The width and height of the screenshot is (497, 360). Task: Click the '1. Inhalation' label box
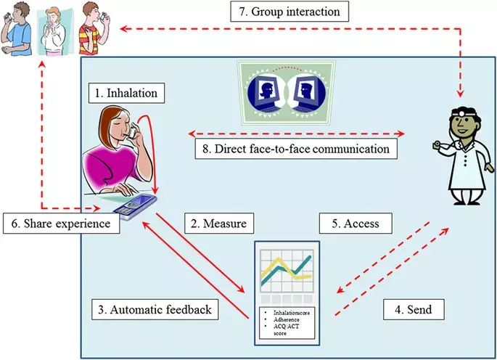point(131,94)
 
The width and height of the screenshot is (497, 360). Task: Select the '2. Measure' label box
point(216,224)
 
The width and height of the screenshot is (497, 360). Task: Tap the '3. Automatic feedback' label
point(155,309)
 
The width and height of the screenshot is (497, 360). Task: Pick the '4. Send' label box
point(414,309)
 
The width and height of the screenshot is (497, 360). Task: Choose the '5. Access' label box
point(356,224)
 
